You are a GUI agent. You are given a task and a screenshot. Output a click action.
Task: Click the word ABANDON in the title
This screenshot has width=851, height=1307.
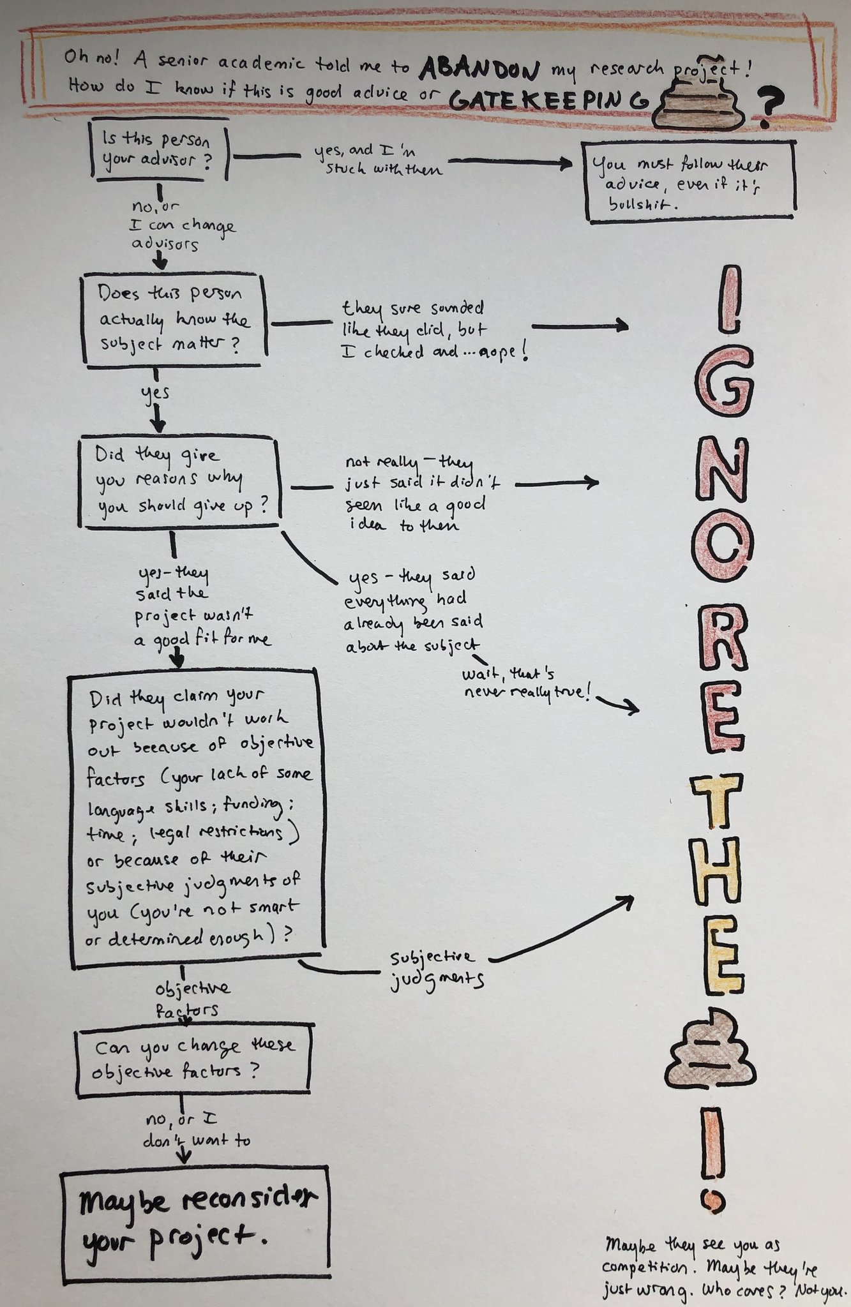[x=479, y=67]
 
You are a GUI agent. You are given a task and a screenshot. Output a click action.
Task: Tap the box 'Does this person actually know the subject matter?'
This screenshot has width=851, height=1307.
[x=173, y=320]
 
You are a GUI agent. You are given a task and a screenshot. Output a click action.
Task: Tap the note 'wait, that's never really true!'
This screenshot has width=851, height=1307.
[x=525, y=683]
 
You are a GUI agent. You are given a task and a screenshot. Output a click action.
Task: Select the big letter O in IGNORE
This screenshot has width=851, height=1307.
[x=723, y=551]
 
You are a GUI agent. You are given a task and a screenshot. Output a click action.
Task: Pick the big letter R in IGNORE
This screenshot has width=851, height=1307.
[x=723, y=639]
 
